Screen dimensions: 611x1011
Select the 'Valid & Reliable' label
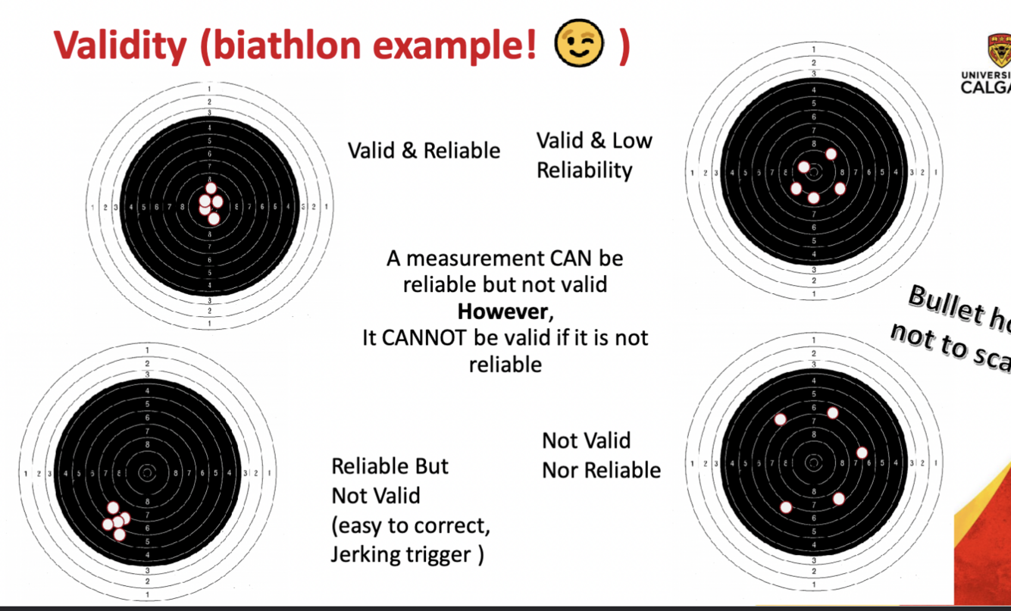424,150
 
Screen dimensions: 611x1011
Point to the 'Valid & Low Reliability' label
594,155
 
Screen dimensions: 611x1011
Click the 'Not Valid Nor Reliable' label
601,456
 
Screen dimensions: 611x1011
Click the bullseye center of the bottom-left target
147,472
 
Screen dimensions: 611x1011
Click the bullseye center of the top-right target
813,172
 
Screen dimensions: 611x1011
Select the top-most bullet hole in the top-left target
211,189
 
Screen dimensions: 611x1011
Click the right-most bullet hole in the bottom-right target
862,453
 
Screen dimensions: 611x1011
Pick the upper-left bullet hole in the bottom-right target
780,419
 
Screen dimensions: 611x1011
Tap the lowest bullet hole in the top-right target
813,198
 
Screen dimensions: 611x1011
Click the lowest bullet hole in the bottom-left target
119,534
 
